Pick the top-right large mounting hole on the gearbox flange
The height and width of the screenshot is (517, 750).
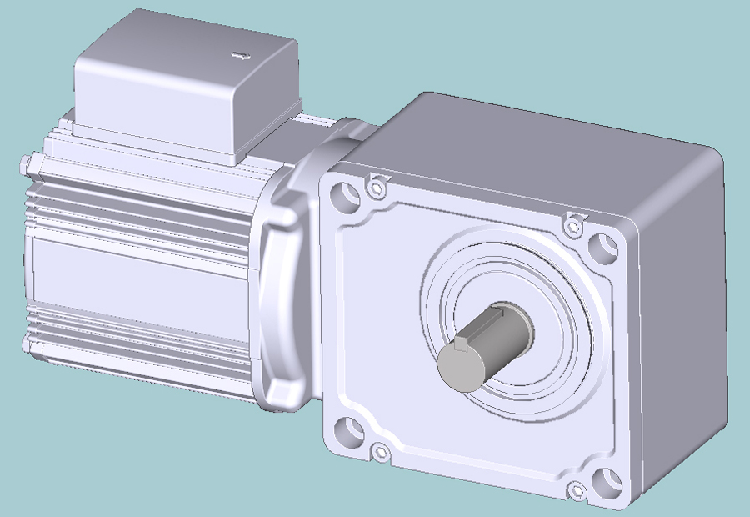(x=602, y=247)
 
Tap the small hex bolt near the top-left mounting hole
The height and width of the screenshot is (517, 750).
(x=377, y=188)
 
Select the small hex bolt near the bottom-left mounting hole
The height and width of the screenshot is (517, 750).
(x=381, y=453)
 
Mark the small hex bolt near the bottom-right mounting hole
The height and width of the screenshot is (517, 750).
(x=575, y=490)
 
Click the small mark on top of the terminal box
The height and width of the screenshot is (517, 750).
(x=240, y=56)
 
